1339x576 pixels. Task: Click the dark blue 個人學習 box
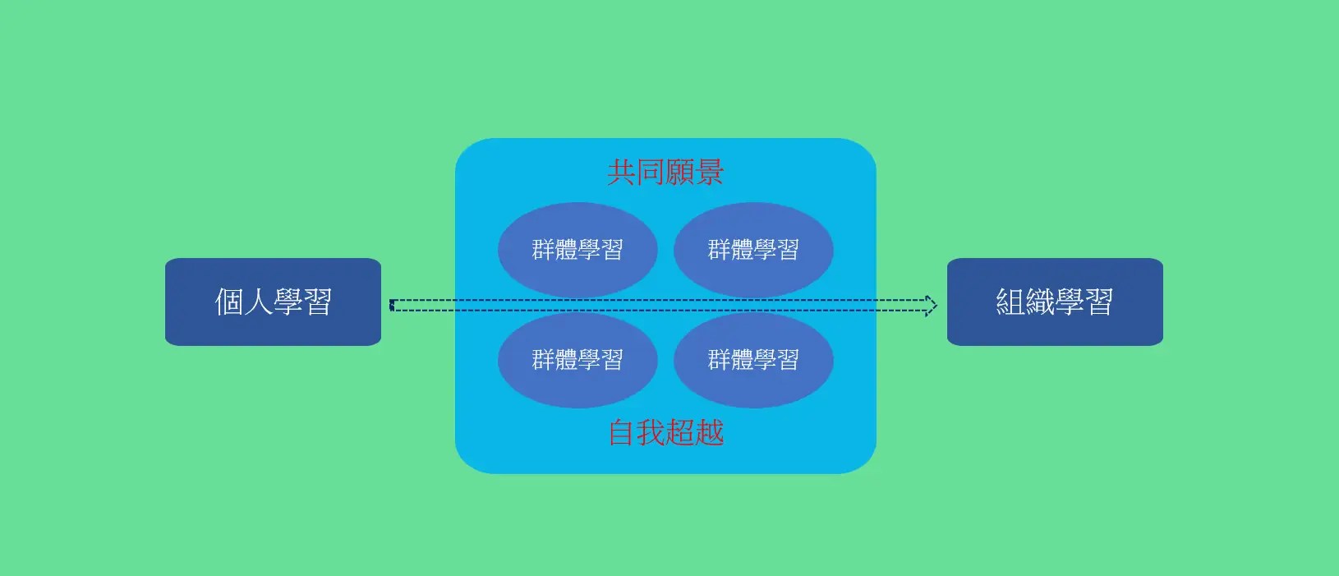coord(273,302)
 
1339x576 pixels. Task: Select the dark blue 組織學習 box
coord(1055,302)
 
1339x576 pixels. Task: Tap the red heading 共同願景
coord(665,173)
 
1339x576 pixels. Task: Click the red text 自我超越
coord(665,432)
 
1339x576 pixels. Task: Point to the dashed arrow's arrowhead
coord(931,305)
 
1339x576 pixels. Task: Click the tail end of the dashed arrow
coord(393,305)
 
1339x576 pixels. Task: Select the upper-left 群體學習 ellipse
coord(577,249)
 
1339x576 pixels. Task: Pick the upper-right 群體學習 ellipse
coord(753,249)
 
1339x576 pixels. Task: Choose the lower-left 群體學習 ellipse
coord(577,359)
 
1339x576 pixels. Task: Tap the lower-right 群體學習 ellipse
coord(753,359)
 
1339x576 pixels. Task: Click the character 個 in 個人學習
coord(229,302)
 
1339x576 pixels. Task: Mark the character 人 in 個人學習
coord(258,302)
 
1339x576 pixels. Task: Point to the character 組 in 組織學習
coord(1010,302)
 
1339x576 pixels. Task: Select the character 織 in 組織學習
coord(1040,302)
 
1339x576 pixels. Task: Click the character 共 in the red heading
coord(622,173)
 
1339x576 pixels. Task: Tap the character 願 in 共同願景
coord(680,173)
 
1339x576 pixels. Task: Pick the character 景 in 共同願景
coord(710,173)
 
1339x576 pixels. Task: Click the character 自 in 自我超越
coord(622,432)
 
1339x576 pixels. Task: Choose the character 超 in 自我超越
coord(680,432)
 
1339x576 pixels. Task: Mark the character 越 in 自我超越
coord(710,432)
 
